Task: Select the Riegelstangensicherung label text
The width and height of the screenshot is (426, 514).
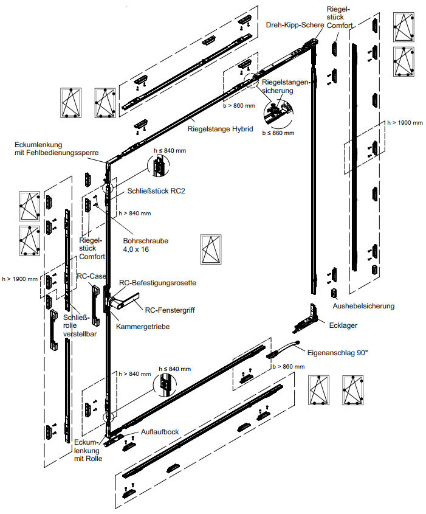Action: (286, 86)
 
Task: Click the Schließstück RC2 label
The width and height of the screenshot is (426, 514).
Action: (156, 191)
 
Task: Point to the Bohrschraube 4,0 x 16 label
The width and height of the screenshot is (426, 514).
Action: (145, 245)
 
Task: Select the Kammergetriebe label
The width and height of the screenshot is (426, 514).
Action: (143, 327)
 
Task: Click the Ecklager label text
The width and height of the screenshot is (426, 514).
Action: (343, 325)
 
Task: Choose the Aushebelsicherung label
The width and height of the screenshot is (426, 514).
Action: (363, 306)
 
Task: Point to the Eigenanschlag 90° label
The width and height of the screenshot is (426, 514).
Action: (337, 352)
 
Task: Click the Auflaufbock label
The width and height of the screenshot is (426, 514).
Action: (159, 431)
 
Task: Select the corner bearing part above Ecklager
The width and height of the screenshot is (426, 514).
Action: (309, 316)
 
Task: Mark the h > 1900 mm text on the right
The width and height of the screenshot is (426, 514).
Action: (405, 123)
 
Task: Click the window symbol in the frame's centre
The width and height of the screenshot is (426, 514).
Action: (211, 250)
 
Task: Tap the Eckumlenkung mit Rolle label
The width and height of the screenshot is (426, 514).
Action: (87, 450)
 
